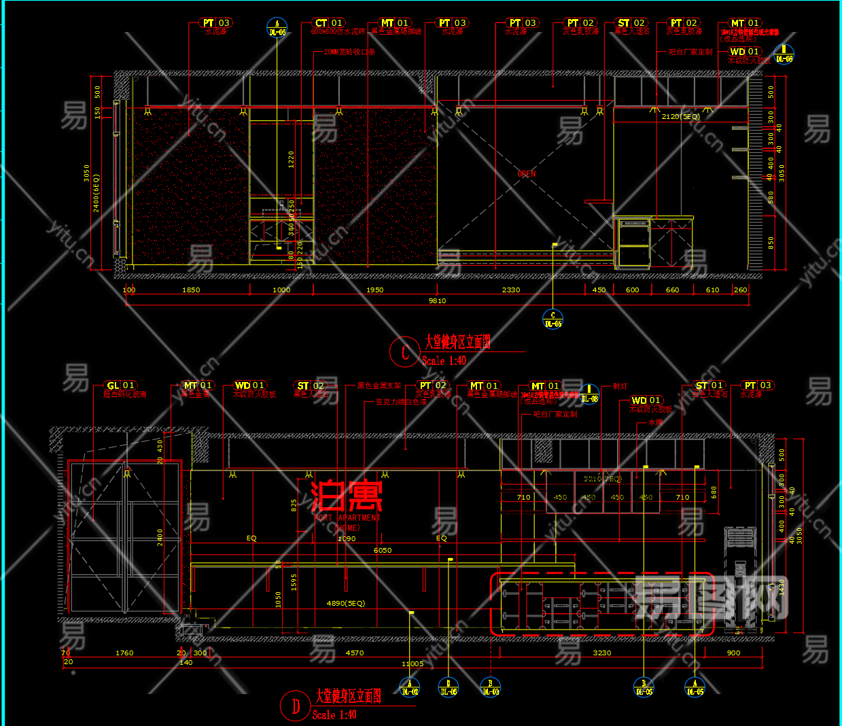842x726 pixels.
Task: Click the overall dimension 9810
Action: [437, 300]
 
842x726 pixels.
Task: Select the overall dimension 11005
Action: [412, 663]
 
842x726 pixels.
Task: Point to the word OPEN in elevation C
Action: [526, 174]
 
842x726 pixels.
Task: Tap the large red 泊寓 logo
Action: [347, 496]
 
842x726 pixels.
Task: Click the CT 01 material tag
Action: [328, 23]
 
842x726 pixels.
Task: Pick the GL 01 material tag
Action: [120, 385]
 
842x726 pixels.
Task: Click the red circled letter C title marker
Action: [405, 351]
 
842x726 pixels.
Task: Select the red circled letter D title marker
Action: [296, 706]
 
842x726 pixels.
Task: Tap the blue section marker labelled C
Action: [552, 319]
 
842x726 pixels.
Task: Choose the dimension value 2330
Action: [510, 290]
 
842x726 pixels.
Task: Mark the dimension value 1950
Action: [374, 290]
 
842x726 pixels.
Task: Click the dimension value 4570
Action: [354, 653]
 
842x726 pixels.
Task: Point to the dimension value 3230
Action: [601, 653]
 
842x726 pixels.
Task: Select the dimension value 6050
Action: [382, 551]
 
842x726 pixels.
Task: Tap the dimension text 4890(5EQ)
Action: [345, 604]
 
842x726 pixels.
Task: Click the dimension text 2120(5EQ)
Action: [680, 117]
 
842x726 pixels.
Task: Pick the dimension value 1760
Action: [124, 653]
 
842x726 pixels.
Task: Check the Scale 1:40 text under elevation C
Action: [444, 361]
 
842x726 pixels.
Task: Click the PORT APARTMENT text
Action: [347, 518]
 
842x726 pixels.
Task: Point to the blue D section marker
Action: [449, 687]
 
